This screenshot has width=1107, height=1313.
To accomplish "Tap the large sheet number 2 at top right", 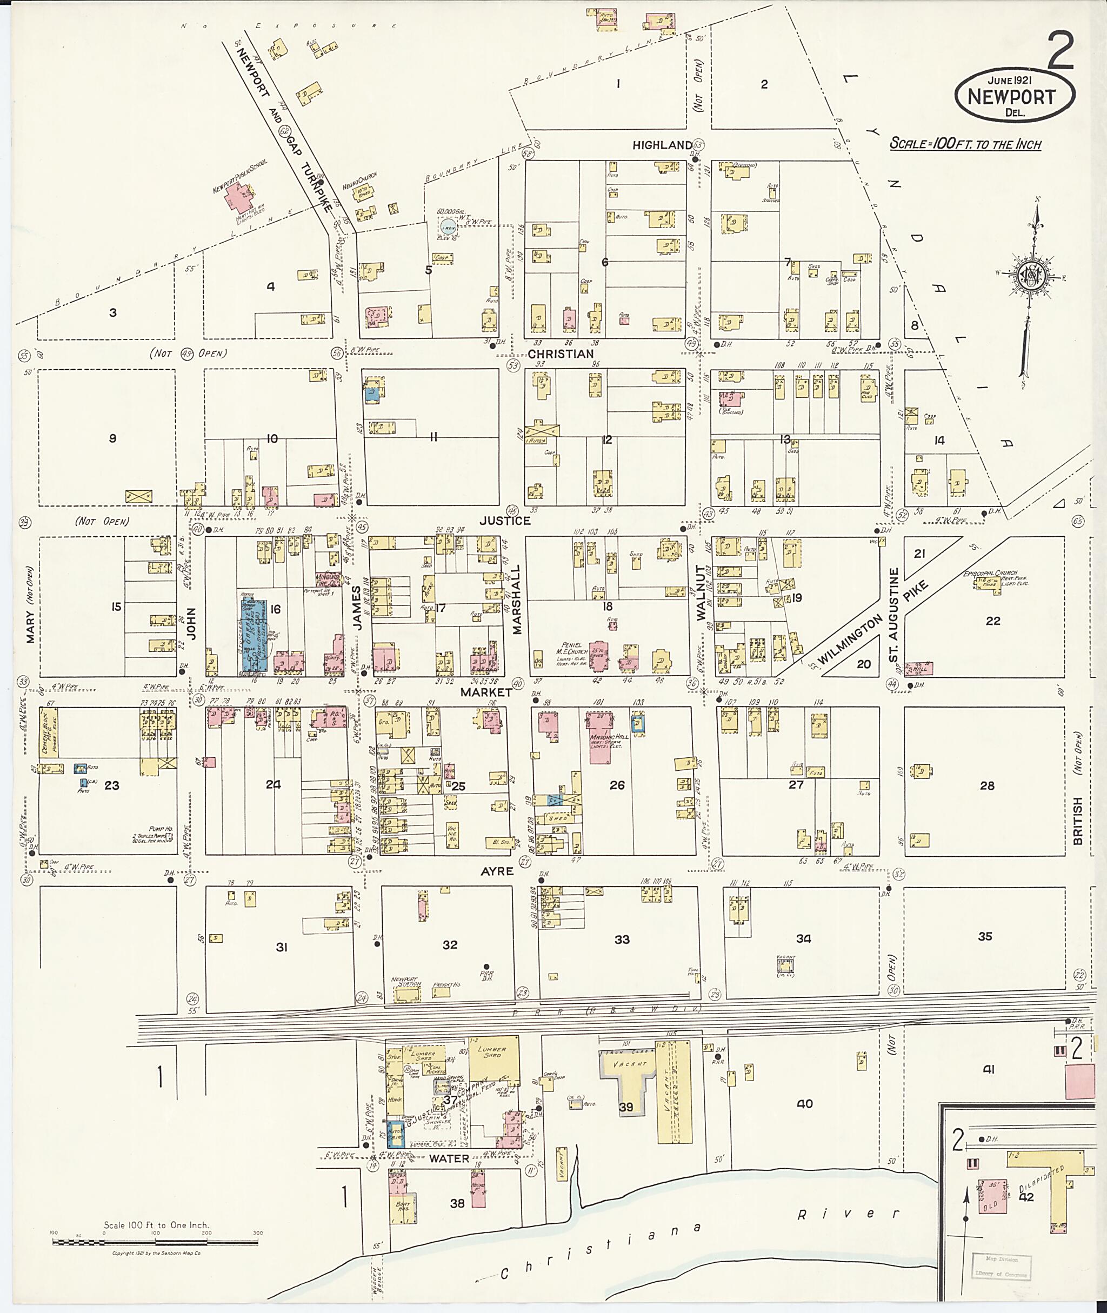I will pyautogui.click(x=1061, y=51).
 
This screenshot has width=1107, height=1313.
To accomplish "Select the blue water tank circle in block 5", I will pyautogui.click(x=447, y=228).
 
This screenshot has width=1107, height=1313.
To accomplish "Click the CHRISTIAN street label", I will pyautogui.click(x=560, y=354).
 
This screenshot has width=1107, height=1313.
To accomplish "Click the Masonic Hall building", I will pyautogui.click(x=601, y=737).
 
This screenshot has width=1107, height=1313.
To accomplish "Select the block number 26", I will pyautogui.click(x=617, y=785).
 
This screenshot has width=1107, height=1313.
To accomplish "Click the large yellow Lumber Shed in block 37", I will pyautogui.click(x=495, y=1060).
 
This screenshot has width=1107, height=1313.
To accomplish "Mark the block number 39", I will pyautogui.click(x=626, y=1107).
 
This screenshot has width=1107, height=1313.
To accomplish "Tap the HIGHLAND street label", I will pyautogui.click(x=662, y=145).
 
